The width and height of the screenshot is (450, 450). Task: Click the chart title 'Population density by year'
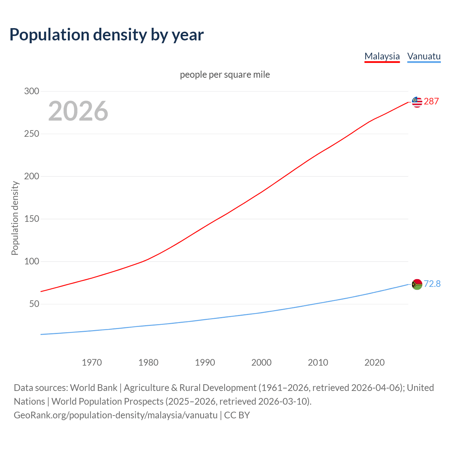point(107,35)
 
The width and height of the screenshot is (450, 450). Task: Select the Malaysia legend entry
point(382,56)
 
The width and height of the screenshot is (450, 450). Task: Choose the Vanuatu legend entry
point(424,56)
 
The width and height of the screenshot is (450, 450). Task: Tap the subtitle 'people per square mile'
point(225,75)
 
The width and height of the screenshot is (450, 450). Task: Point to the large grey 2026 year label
point(78,111)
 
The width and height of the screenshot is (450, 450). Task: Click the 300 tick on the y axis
point(31,91)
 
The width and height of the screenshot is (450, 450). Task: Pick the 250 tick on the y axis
point(31,134)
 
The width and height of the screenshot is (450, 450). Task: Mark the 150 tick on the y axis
point(31,219)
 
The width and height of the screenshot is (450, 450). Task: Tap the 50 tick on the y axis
point(34,304)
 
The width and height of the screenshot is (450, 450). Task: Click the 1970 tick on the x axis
point(92,362)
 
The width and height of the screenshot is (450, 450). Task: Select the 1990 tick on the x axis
point(205,362)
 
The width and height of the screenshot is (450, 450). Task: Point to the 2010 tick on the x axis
point(318,362)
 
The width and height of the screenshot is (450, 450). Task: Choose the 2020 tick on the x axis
point(374,362)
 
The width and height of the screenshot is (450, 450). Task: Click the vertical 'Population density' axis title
point(15,218)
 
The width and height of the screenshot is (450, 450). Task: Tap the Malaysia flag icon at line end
point(417,102)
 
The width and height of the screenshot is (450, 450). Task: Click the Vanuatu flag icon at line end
point(417,284)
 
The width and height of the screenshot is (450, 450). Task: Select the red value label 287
point(431,102)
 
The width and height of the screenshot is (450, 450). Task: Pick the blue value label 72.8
point(432,284)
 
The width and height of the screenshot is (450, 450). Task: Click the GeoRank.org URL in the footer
point(116,415)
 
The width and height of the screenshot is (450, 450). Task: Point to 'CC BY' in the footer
point(237,415)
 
